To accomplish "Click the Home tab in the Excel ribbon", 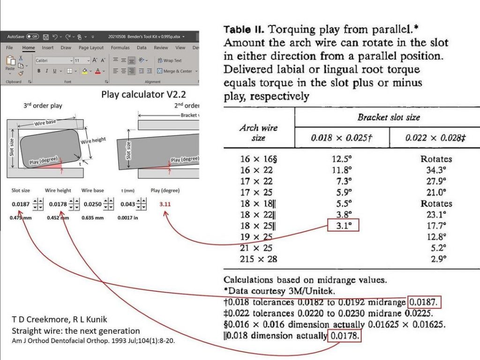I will coord(29,48).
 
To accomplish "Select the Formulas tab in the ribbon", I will coord(120,48).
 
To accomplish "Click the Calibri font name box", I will coord(52,60).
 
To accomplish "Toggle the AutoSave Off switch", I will coord(32,36).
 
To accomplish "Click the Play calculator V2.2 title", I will coord(143,95).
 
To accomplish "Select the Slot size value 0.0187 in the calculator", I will coord(20,204).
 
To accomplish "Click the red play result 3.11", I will coord(165,204).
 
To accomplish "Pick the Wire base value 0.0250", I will coord(92,204).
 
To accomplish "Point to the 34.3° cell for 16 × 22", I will coord(436,170).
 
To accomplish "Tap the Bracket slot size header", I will coord(388,117).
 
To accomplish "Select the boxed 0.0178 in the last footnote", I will coord(345,336).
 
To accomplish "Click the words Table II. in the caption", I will coord(244,30).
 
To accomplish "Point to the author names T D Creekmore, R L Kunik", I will coord(59,320).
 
